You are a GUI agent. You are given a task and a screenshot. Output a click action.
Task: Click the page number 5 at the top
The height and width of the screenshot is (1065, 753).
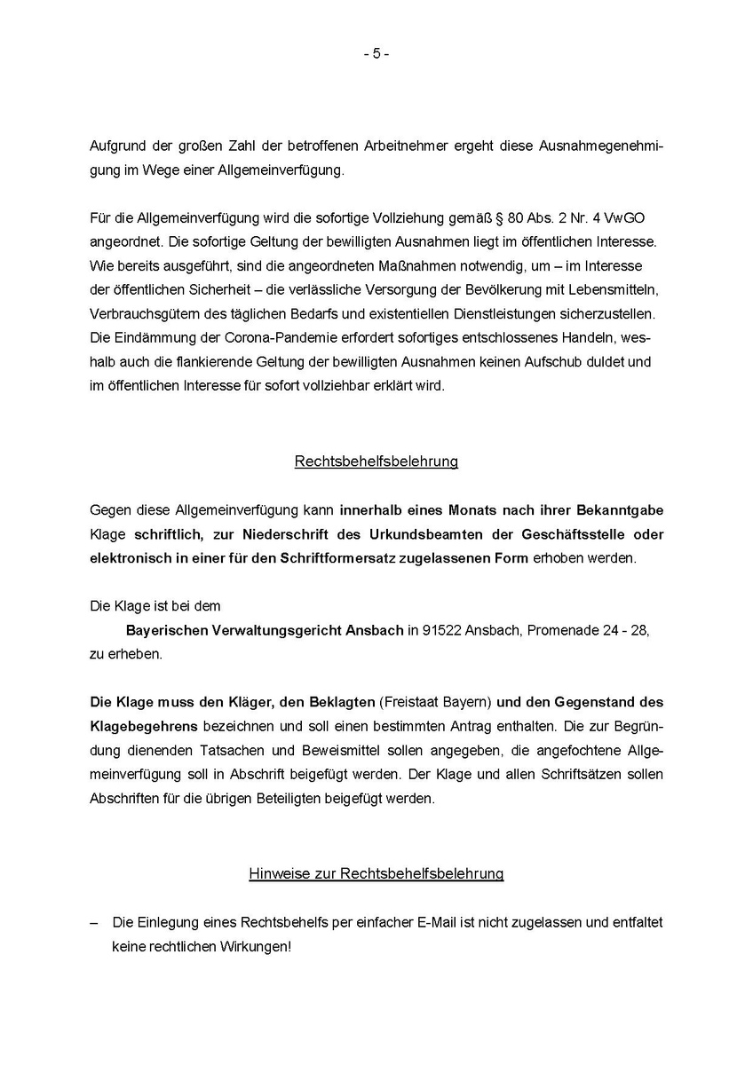coord(376,54)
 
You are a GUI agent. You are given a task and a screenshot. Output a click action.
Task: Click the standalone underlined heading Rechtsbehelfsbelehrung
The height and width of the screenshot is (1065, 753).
coord(376,461)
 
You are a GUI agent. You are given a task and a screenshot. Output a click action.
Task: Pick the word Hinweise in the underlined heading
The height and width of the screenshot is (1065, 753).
coord(278,874)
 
